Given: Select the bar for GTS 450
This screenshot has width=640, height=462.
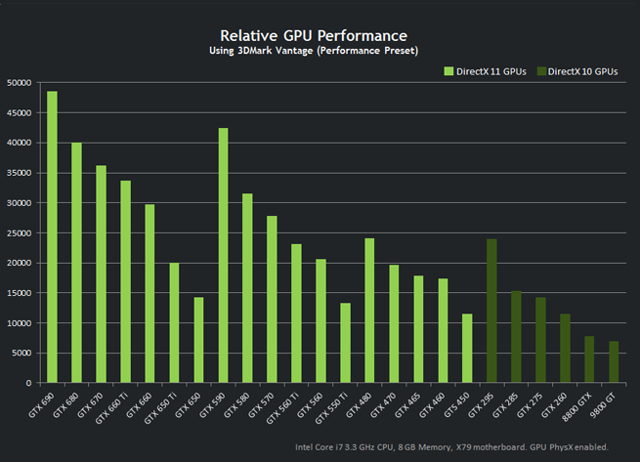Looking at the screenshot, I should (467, 348).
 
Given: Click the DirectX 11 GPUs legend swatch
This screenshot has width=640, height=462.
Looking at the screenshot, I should (448, 71).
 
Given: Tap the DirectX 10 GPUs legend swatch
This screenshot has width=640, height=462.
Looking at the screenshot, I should (541, 71).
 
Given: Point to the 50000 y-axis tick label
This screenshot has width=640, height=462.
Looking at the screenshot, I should (21, 83).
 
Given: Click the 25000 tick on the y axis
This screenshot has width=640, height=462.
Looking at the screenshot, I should (21, 232).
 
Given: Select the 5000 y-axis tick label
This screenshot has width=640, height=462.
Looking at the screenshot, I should (24, 353).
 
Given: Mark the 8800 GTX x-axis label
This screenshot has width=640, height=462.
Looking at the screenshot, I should (580, 404).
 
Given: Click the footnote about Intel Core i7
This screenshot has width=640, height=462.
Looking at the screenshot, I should (451, 446).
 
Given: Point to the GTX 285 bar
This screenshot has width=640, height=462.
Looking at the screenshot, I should (516, 337).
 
